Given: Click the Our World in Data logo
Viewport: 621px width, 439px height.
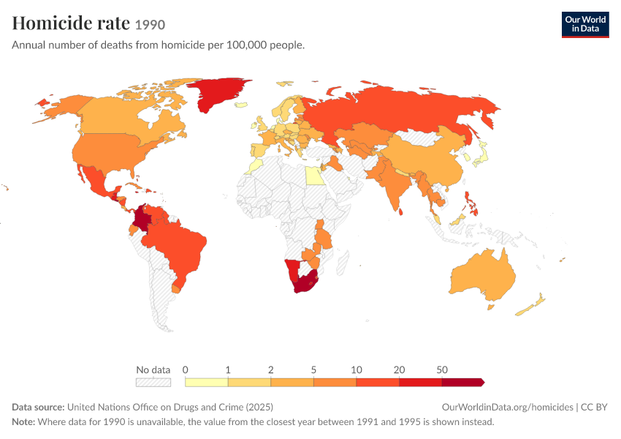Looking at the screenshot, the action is pyautogui.click(x=585, y=25).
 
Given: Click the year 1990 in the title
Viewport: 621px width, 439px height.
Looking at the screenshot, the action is pyautogui.click(x=150, y=25).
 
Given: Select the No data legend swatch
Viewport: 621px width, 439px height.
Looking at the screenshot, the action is pyautogui.click(x=153, y=382).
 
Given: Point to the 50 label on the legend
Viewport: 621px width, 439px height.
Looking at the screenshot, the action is pyautogui.click(x=442, y=370).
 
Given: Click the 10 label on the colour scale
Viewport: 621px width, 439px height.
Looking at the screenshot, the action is pyautogui.click(x=357, y=370).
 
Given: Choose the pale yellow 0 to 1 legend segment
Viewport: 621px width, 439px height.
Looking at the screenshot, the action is pyautogui.click(x=206, y=382).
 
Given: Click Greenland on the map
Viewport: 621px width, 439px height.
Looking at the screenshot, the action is pyautogui.click(x=214, y=92).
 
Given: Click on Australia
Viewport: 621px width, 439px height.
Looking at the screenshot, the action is pyautogui.click(x=483, y=276).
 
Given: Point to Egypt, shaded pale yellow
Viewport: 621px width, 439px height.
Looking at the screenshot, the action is pyautogui.click(x=315, y=176).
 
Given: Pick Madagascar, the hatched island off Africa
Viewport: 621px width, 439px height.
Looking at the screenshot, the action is pyautogui.click(x=343, y=263).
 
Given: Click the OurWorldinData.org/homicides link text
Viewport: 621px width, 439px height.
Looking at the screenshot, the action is pyautogui.click(x=507, y=408).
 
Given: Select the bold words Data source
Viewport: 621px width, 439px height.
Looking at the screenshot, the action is pyautogui.click(x=38, y=408).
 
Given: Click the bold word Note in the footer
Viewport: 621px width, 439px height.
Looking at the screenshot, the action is pyautogui.click(x=23, y=422).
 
